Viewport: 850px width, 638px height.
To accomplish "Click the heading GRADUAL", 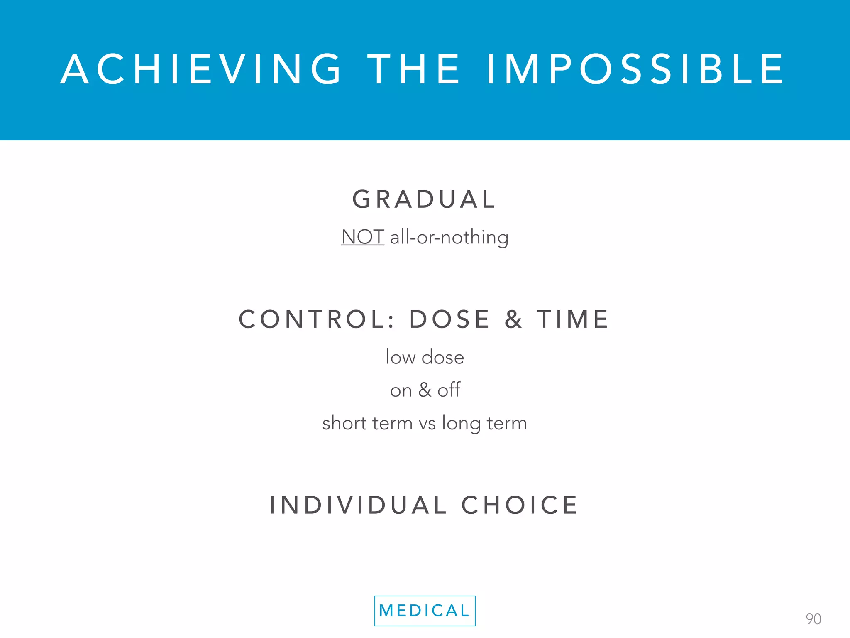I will (424, 199).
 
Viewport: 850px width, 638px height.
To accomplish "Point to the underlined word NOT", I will (362, 237).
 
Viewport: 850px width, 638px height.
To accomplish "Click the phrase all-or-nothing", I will (449, 238).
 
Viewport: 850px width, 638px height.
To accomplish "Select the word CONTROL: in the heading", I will (317, 319).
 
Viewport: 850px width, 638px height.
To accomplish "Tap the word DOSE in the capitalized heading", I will (450, 319).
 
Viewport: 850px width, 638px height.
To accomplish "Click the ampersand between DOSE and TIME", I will (513, 319).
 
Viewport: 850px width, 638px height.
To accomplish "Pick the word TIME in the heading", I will (573, 319).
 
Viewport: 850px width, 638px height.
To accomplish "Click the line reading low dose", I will (425, 357).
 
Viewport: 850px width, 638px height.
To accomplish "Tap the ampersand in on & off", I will (425, 390).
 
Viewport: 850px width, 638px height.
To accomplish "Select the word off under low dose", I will (449, 390).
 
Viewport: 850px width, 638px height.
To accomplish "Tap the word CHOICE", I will (520, 505).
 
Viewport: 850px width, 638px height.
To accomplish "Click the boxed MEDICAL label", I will (425, 611).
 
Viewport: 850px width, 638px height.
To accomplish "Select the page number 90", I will (813, 619).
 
